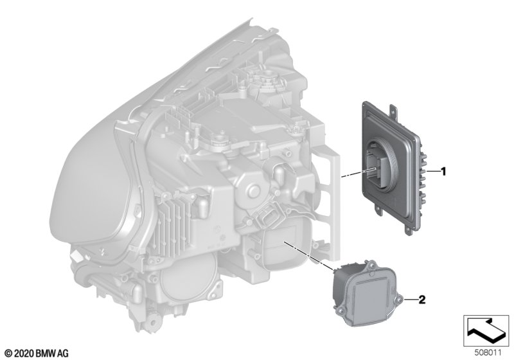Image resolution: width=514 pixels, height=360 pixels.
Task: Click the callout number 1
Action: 443,171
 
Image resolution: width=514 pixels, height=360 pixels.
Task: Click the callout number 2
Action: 422,300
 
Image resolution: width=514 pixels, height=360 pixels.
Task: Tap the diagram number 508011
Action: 488,353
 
